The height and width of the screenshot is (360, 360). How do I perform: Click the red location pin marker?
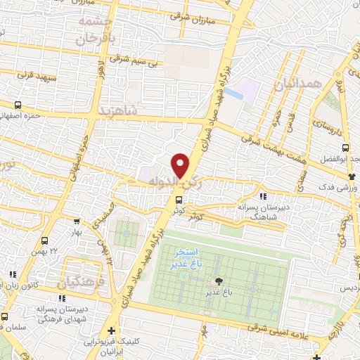(x=181, y=165)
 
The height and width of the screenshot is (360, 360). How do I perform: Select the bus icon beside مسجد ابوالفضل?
(x=345, y=148)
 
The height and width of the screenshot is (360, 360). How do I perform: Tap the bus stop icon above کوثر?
(x=178, y=200)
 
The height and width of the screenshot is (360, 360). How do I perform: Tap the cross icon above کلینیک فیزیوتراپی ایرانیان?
(x=110, y=330)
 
